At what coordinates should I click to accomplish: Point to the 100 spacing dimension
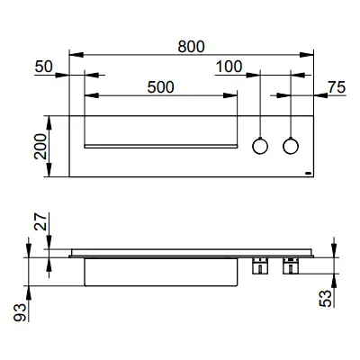[x=230, y=66]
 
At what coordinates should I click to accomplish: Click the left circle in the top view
[x=259, y=145]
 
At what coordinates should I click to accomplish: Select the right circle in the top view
[x=291, y=145]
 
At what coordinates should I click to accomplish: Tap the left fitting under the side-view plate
[x=259, y=265]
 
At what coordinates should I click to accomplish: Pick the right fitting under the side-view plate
[x=291, y=265]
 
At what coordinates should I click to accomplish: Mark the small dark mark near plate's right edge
[x=307, y=169]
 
